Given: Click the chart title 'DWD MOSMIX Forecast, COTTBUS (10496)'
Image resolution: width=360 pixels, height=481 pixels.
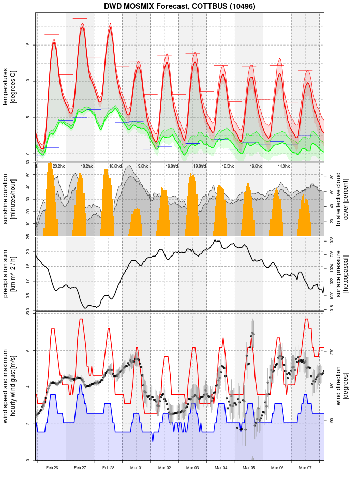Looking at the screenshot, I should (x=179, y=6).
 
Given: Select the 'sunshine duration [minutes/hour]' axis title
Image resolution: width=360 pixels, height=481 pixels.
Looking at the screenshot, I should (x=9, y=199).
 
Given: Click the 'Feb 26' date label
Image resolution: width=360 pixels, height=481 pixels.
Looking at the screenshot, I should (x=52, y=468).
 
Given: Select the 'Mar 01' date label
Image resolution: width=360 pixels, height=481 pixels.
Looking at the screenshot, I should (x=137, y=468).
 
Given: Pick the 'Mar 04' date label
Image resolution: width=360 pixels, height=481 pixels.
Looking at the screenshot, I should (x=221, y=468).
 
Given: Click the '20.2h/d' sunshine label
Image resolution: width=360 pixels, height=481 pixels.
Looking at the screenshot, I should (x=59, y=166).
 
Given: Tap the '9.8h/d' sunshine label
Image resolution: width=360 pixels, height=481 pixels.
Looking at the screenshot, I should (x=143, y=166).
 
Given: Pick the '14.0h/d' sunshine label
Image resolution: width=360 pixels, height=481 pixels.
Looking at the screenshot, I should (x=283, y=166).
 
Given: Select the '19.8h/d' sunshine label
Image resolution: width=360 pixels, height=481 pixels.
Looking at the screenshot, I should (x=200, y=166).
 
